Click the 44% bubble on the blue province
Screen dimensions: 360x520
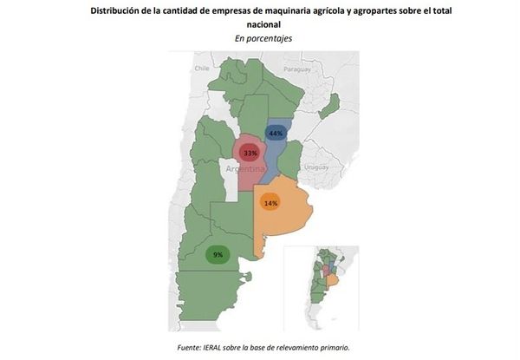click(276, 134)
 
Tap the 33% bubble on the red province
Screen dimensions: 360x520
click(250, 153)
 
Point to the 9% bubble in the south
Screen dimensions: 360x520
click(218, 255)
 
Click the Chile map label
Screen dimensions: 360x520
click(203, 68)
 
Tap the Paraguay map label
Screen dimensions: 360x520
click(297, 69)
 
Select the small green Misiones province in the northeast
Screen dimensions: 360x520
click(329, 105)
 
